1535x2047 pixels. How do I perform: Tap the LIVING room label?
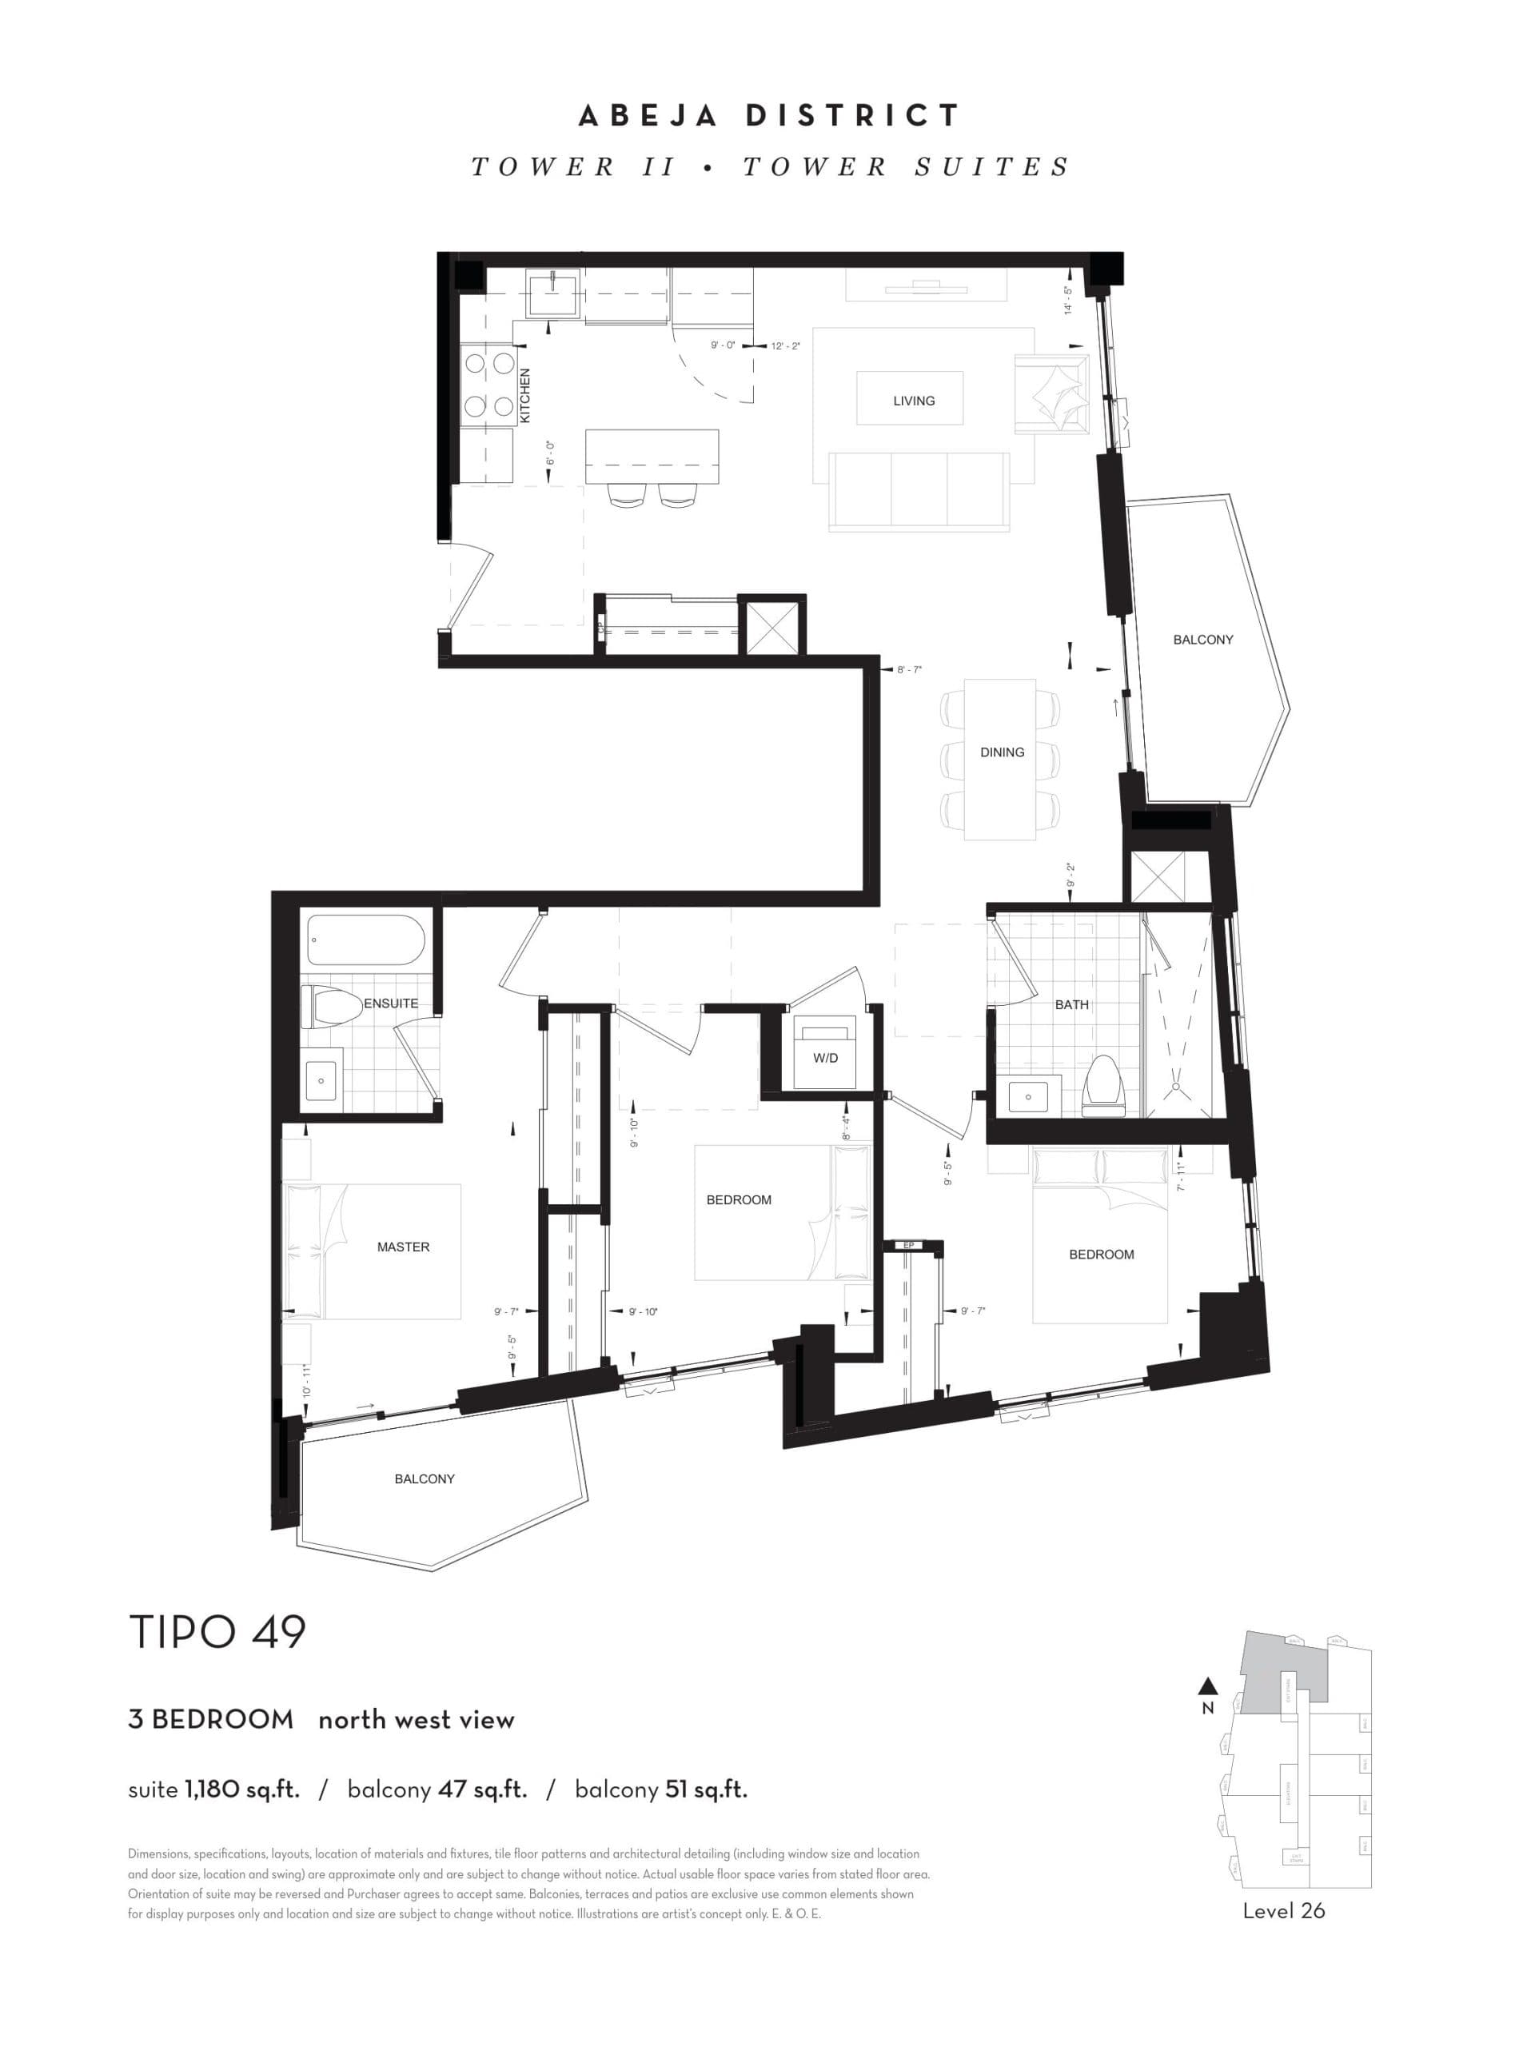(913, 401)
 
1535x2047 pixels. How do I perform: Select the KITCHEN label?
(525, 396)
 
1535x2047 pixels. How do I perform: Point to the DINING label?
(1002, 752)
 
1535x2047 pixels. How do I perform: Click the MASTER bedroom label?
(404, 1247)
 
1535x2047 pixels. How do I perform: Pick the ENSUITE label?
(390, 1004)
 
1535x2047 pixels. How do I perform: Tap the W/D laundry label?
(825, 1058)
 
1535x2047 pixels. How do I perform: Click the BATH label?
(1071, 1004)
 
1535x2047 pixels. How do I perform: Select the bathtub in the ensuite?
(365, 940)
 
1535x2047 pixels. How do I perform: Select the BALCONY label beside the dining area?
(1203, 640)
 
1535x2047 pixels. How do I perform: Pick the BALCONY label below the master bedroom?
(425, 1478)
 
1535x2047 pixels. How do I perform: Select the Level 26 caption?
(1283, 1911)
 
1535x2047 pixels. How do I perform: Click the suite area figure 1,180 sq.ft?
(241, 1790)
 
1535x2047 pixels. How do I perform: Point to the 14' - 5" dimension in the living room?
(1068, 301)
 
